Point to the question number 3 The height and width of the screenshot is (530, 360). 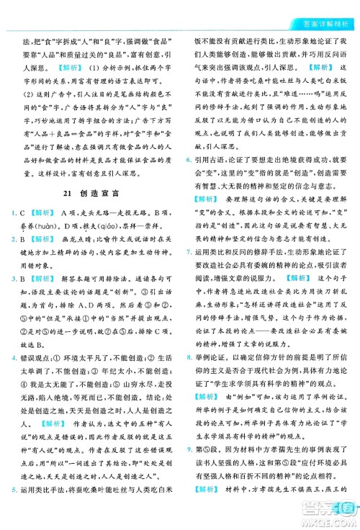(14, 296)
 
